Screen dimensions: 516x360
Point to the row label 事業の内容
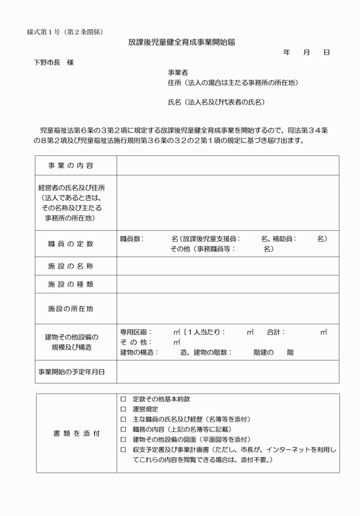tap(71, 165)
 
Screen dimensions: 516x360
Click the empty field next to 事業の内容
tap(227, 165)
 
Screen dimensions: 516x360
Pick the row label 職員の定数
tap(71, 244)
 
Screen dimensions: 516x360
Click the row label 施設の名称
tap(71, 266)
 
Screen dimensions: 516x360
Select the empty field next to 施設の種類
tap(227, 283)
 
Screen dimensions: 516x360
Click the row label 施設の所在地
tap(71, 308)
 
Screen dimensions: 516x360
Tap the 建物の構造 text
tap(139, 352)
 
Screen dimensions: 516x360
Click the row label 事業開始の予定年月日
tap(71, 372)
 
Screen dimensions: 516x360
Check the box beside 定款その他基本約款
tap(123, 398)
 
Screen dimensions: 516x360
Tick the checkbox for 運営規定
tap(123, 409)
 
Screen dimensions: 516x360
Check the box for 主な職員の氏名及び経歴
tap(123, 419)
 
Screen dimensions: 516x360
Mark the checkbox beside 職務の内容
tap(123, 429)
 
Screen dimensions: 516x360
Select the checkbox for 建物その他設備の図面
tap(123, 439)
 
